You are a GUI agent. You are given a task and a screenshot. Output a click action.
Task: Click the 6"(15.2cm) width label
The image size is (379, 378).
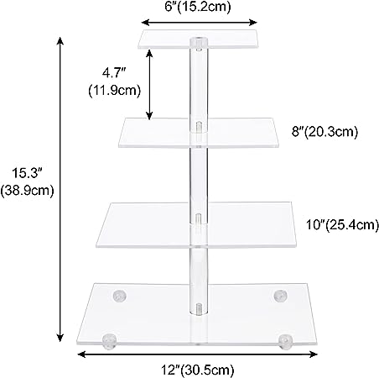point(198,7)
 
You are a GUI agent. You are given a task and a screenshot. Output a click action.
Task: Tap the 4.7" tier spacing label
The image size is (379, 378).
point(114,73)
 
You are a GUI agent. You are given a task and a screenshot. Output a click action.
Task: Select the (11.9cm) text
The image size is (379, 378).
point(114,91)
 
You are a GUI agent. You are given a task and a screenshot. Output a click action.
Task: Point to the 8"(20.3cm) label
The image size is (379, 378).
point(324,131)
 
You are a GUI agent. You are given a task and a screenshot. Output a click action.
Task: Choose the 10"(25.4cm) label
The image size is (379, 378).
point(342,224)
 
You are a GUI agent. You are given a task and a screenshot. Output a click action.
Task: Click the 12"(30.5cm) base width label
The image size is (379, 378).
point(197,370)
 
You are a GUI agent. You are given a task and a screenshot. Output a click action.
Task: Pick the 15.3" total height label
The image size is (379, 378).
point(27,173)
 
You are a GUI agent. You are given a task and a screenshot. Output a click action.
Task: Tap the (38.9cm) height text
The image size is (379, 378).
point(27,191)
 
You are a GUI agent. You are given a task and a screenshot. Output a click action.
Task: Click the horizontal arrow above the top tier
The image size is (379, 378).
point(199,23)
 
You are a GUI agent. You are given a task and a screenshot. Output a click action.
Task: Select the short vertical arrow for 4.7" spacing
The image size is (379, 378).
point(149,84)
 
